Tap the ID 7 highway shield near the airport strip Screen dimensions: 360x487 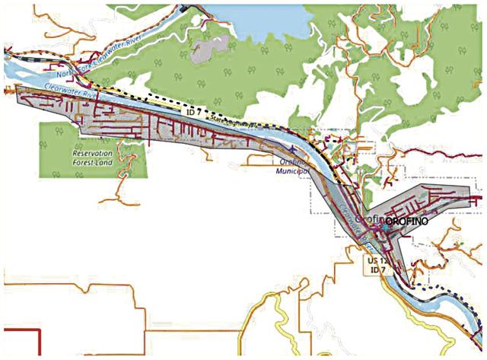[192, 111]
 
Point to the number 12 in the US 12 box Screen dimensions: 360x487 [377, 259]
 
